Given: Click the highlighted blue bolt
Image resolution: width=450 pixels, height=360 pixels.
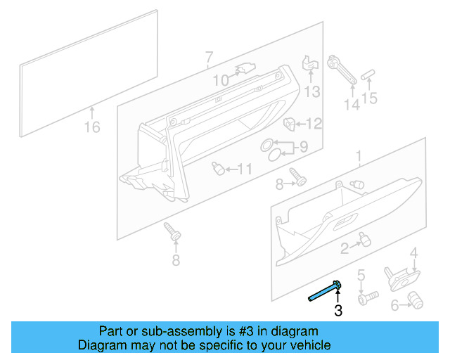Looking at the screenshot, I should [x=325, y=291].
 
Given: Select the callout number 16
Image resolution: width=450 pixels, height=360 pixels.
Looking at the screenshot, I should [x=92, y=127].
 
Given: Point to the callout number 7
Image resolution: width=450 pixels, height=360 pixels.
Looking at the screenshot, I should [x=208, y=56].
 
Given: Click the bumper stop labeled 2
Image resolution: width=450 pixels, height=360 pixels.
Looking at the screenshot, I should [x=364, y=239].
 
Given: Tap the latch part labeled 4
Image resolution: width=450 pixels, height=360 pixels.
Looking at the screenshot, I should [x=397, y=276].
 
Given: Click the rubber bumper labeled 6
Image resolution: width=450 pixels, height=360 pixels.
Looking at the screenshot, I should [x=417, y=301].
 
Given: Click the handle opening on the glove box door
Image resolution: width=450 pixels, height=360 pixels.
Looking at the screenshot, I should [x=346, y=225].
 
